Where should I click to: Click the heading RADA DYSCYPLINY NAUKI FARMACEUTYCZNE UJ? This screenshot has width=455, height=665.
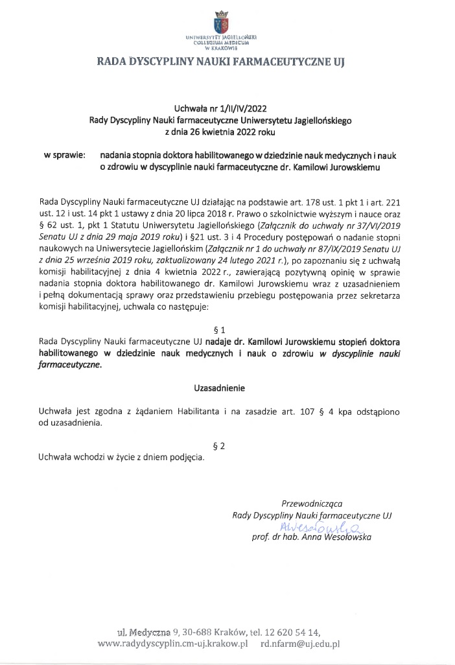click(222, 63)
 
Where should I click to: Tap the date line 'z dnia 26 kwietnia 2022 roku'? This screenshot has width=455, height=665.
click(222, 132)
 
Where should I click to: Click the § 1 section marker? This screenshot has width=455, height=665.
click(222, 329)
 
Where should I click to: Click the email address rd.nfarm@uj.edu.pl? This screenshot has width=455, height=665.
click(300, 644)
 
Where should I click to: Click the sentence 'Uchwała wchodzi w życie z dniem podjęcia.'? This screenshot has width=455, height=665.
click(121, 457)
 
